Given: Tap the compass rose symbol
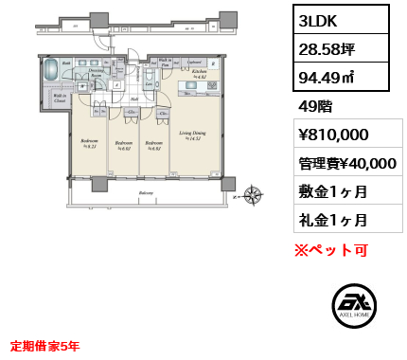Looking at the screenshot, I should coord(253,195).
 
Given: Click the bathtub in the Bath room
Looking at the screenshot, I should coord(52,72).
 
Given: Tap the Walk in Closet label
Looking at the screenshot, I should coord(59,99).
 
